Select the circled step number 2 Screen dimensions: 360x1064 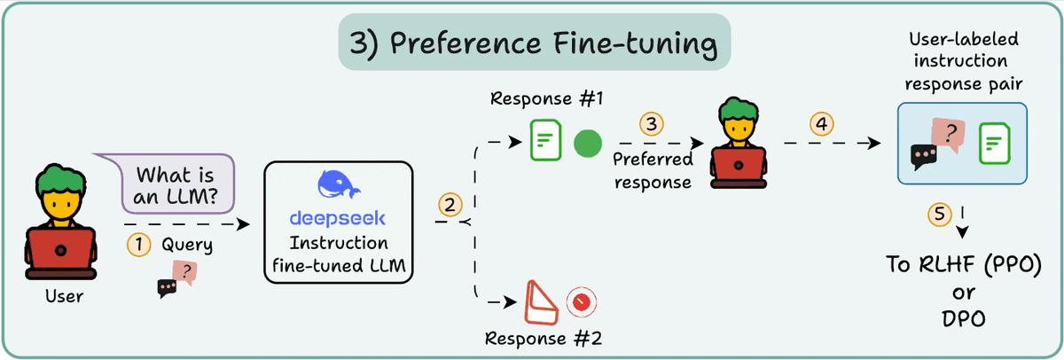pyautogui.click(x=450, y=205)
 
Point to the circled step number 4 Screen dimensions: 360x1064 pyautogui.click(x=822, y=124)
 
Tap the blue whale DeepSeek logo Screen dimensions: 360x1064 pyautogui.click(x=340, y=187)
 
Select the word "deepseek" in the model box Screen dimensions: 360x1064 pyautogui.click(x=340, y=218)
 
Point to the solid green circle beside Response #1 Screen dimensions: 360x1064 pyautogui.click(x=587, y=142)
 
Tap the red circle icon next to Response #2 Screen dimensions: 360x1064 pyautogui.click(x=581, y=302)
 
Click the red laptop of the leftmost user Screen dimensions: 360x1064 pyautogui.click(x=59, y=253)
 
